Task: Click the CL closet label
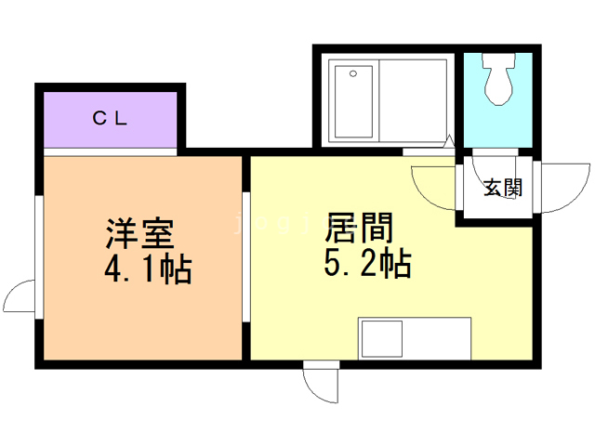click(x=110, y=118)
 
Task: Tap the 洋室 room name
click(x=140, y=234)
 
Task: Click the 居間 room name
click(x=359, y=228)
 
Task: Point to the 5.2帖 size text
click(x=368, y=263)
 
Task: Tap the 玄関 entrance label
click(x=503, y=188)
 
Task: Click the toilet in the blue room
click(x=498, y=79)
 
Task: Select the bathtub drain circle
click(x=353, y=73)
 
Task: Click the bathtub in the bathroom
click(x=353, y=101)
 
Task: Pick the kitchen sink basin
click(x=382, y=338)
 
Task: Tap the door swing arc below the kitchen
click(x=314, y=390)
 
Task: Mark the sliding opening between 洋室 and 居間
click(x=245, y=257)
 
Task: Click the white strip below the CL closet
click(x=111, y=152)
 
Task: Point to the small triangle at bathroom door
click(x=449, y=141)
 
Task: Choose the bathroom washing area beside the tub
click(x=413, y=101)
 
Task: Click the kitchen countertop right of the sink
click(x=437, y=338)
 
